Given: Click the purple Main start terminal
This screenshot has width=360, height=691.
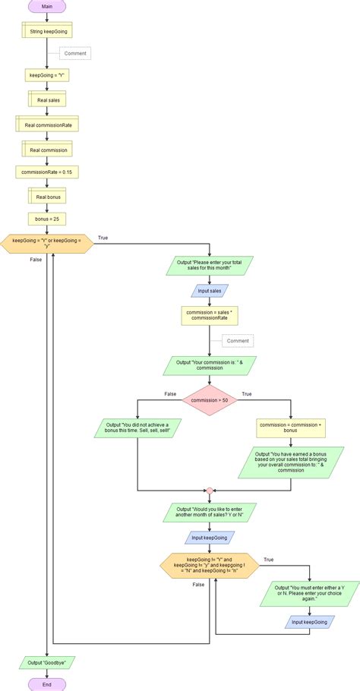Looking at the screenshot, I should [x=47, y=6].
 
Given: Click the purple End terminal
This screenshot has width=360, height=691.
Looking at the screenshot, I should [x=47, y=684].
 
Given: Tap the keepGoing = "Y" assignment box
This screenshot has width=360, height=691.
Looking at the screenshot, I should [x=47, y=75].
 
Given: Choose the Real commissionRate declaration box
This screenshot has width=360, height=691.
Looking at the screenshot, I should [x=47, y=124].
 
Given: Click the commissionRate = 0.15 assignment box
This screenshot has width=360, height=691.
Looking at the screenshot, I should [x=47, y=172].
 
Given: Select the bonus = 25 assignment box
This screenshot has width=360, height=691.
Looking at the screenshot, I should [x=47, y=219].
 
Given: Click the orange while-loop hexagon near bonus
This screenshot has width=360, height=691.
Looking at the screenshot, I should [x=47, y=243].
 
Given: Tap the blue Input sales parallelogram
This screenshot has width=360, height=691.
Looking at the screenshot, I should [x=209, y=289].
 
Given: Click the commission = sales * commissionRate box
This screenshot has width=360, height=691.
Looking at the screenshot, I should [x=209, y=315].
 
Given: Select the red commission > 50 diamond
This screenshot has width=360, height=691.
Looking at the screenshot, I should [x=209, y=399].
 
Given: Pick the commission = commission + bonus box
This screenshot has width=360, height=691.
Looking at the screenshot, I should [x=291, y=428].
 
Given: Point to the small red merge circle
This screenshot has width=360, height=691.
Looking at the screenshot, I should [x=209, y=491].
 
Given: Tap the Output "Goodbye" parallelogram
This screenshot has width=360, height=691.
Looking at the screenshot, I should [x=47, y=662].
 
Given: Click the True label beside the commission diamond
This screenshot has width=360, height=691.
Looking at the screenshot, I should [x=246, y=394].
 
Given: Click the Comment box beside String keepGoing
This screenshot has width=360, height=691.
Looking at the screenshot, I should [x=75, y=53].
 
